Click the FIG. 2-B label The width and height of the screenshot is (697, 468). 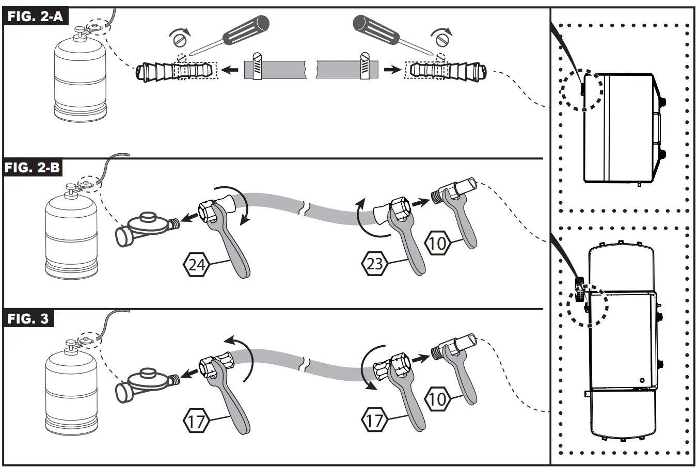click(x=34, y=168)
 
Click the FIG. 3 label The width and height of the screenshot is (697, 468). click(x=28, y=318)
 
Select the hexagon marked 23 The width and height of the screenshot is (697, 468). click(x=374, y=264)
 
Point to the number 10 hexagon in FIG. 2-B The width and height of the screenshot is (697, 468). click(x=437, y=243)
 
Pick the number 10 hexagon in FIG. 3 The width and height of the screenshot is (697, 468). click(x=437, y=398)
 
